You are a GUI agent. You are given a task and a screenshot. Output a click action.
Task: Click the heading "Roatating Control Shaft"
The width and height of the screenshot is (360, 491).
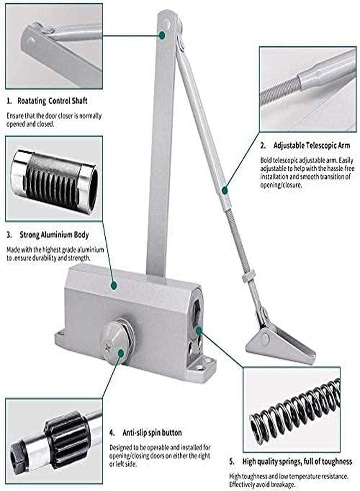pyautogui.click(x=52, y=101)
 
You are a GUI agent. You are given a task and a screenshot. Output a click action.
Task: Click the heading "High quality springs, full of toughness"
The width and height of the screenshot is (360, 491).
pyautogui.click(x=297, y=462)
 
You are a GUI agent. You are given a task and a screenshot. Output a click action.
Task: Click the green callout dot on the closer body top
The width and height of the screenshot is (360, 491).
pyautogui.click(x=113, y=285)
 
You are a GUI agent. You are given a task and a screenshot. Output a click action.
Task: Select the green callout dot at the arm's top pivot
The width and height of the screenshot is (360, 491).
pyautogui.click(x=162, y=35)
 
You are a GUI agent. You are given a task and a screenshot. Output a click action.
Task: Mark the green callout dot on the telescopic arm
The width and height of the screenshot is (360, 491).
pyautogui.click(x=224, y=189)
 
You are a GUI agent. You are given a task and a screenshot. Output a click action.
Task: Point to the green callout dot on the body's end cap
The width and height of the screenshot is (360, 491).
pyautogui.click(x=199, y=330)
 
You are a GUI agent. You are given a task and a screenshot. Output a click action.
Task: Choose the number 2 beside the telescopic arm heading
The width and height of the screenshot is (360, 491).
pyautogui.click(x=262, y=146)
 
